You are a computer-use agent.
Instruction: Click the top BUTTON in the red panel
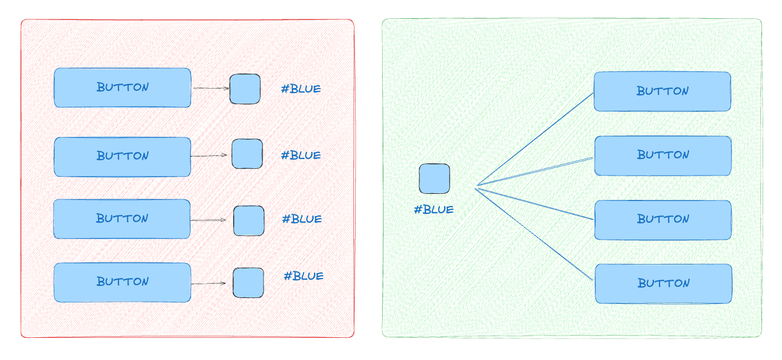(x=122, y=88)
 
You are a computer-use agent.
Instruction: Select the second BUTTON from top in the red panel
(x=122, y=157)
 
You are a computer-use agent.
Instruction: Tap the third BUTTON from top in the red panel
(x=122, y=219)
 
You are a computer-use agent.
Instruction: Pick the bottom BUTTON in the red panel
(x=122, y=282)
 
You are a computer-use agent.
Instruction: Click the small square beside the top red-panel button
(x=245, y=89)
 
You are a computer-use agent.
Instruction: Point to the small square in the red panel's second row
(x=247, y=154)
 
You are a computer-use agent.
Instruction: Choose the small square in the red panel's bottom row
(x=248, y=282)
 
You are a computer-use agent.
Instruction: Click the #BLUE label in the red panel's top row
(x=301, y=89)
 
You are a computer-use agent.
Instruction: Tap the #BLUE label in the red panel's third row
(x=302, y=219)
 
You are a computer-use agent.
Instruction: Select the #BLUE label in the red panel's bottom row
(x=303, y=276)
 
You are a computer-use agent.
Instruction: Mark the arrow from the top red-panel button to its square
(x=210, y=88)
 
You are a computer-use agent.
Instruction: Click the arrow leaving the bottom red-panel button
(x=208, y=284)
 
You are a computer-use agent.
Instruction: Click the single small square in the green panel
(x=434, y=178)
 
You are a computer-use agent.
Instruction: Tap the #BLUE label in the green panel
(x=434, y=210)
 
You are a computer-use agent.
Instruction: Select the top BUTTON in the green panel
(x=662, y=91)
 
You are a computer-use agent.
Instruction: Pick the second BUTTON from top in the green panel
(x=663, y=156)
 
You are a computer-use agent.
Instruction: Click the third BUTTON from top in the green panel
(x=663, y=220)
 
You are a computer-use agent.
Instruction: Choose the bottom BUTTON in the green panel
(x=663, y=284)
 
